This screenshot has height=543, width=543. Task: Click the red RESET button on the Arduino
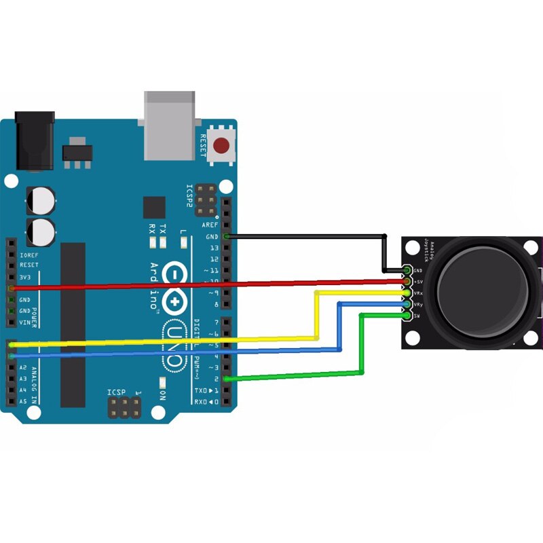click(221, 145)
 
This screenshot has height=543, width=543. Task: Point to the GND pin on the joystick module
click(407, 270)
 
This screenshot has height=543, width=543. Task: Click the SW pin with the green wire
click(407, 316)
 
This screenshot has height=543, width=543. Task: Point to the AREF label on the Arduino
click(210, 225)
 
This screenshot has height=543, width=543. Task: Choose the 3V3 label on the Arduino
click(25, 277)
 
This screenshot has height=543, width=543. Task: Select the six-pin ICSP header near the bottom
click(125, 407)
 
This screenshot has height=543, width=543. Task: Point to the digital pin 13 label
click(215, 248)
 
